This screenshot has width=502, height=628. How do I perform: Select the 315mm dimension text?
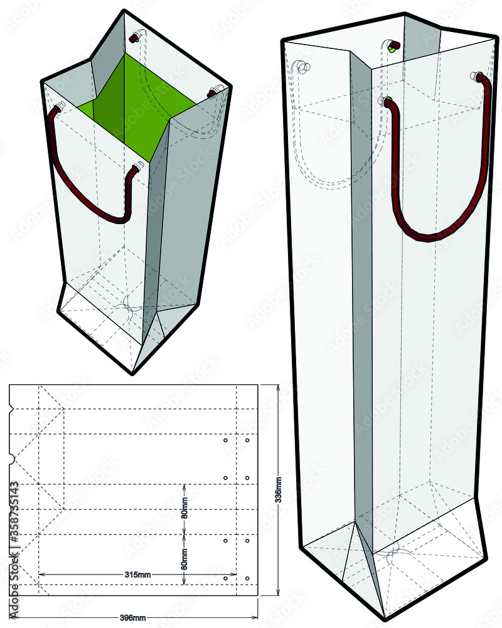point(137,575)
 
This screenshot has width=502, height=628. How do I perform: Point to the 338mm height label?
point(279,490)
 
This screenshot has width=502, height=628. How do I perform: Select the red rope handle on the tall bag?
point(439,207)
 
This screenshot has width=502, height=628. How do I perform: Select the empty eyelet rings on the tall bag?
point(302,66)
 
